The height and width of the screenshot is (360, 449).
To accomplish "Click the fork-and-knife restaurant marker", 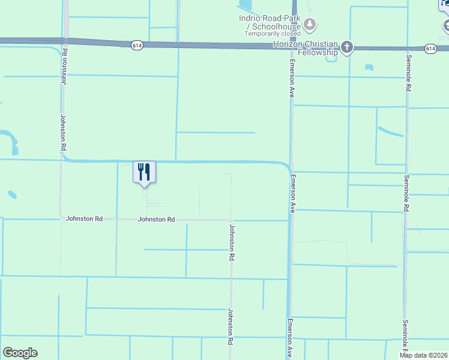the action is click(x=144, y=172).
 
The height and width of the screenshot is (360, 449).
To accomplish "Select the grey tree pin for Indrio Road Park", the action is click(x=310, y=25).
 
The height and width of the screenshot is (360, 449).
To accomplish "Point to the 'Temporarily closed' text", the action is click(x=273, y=34).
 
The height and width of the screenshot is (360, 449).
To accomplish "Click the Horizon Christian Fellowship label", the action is click(x=306, y=49).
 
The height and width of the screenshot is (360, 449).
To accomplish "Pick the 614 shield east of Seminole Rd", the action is click(x=430, y=48).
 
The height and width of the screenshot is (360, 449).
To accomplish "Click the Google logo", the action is click(x=20, y=353).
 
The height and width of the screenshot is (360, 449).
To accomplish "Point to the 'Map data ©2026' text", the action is click(x=423, y=355).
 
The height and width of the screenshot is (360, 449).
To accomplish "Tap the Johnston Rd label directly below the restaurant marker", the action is click(x=156, y=220).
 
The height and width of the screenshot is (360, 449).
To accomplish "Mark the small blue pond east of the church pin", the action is click(x=369, y=67).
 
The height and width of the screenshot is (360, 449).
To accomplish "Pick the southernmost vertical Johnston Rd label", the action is click(x=229, y=326).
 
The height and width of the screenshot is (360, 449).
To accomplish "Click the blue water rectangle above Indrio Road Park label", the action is click(x=246, y=7).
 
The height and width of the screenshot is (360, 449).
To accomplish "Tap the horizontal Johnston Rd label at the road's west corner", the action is click(x=84, y=220).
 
